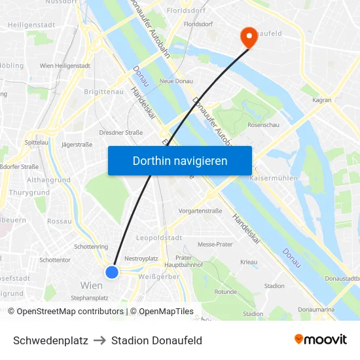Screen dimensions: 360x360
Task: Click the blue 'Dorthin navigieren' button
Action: (180, 160)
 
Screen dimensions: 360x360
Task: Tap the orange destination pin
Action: (249, 37)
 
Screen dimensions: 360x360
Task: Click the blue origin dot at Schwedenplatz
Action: (112, 272)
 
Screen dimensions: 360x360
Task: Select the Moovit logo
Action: (321, 340)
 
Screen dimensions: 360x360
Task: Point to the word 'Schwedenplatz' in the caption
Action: (50, 340)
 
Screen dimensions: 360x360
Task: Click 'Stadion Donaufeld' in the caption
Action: (156, 340)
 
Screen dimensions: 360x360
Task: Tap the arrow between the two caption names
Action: (99, 340)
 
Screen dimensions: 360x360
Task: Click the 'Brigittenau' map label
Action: (104, 92)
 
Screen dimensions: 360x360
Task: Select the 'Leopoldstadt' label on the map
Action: (158, 238)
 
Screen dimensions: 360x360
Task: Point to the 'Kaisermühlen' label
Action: (274, 178)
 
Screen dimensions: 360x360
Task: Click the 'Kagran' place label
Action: (322, 100)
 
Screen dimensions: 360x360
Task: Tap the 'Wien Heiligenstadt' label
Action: (65, 66)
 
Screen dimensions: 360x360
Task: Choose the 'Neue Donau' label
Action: (175, 81)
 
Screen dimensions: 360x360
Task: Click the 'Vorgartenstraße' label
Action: (201, 211)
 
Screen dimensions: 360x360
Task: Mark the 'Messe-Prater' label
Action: (215, 244)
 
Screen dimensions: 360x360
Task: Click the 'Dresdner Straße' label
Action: (121, 132)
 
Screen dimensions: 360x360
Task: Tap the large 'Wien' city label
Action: (91, 285)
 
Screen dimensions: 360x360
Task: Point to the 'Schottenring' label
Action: (92, 247)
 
